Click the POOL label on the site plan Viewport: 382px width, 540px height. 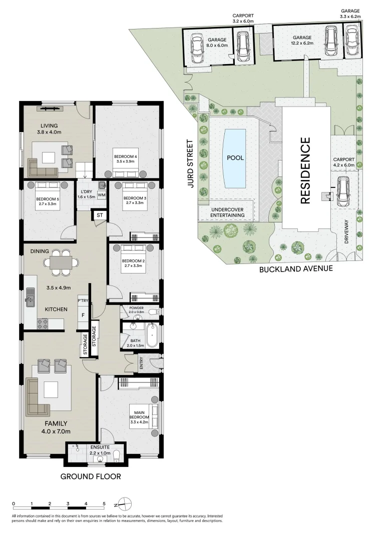(x=235, y=157)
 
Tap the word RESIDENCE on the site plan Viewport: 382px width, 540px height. (x=305, y=171)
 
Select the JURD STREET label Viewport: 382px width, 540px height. (x=190, y=163)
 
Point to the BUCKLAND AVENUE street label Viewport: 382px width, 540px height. (x=296, y=268)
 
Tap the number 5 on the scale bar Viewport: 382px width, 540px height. (x=104, y=503)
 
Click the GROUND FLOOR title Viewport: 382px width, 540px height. (x=91, y=476)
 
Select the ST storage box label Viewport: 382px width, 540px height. (x=100, y=215)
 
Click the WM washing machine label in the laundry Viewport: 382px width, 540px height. (x=101, y=195)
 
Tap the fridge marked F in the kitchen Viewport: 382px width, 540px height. (x=83, y=315)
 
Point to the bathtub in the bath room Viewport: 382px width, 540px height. (x=152, y=335)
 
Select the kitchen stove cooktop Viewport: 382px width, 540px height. (x=43, y=323)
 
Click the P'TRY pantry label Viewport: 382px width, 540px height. (x=83, y=300)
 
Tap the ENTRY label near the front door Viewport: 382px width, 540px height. (x=141, y=363)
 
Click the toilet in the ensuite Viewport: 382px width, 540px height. (x=117, y=455)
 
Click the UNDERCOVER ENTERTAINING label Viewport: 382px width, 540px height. (x=227, y=212)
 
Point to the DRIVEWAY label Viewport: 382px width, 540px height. (x=346, y=232)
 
